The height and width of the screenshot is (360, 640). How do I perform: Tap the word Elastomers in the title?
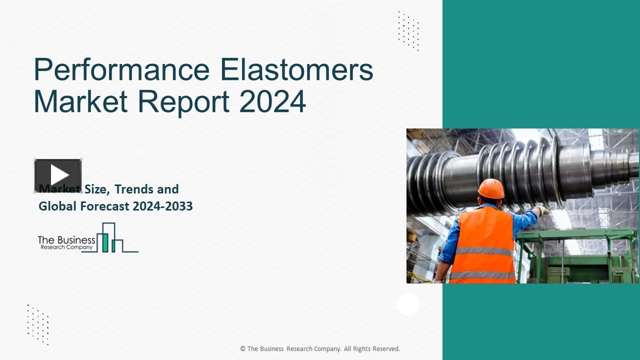[x=297, y=70]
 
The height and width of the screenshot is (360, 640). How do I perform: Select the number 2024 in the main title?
[x=272, y=101]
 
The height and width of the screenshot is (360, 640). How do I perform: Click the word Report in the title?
[x=183, y=101]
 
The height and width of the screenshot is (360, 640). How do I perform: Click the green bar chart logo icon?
[x=110, y=238]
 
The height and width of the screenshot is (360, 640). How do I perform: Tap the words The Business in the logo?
[x=66, y=240]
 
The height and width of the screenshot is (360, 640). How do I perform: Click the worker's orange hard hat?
[x=490, y=189]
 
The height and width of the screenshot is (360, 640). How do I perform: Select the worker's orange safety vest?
[x=483, y=245]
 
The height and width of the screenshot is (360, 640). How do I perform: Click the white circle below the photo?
[x=408, y=304]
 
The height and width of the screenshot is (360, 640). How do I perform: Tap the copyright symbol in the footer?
[x=243, y=349]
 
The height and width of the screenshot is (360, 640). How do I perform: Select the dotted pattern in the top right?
[x=408, y=31]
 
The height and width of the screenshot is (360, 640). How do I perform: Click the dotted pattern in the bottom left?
[x=38, y=324]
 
